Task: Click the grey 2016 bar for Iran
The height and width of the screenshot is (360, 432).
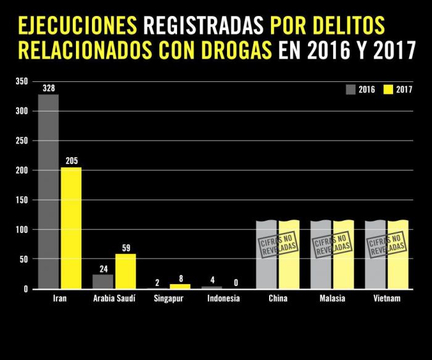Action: [49, 191]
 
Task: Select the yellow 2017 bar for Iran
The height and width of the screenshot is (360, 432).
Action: [71, 227]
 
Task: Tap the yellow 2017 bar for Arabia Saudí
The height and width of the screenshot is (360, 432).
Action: [125, 271]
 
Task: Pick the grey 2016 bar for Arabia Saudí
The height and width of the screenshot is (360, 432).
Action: [103, 281]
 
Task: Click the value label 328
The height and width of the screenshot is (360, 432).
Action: [49, 89]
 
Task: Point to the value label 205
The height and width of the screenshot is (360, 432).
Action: [71, 162]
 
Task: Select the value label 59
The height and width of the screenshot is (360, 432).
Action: [125, 248]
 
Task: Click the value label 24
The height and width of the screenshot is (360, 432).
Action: [103, 269]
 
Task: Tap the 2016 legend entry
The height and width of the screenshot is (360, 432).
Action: [361, 89]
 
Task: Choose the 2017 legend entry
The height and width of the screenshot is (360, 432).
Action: [398, 89]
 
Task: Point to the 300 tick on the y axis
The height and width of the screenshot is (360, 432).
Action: [22, 111]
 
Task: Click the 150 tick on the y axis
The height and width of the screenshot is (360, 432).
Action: [22, 200]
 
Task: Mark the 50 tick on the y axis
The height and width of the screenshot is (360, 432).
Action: [23, 259]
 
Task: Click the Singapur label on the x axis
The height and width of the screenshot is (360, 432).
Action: [168, 299]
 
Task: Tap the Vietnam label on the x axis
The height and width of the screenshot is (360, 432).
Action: [386, 299]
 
